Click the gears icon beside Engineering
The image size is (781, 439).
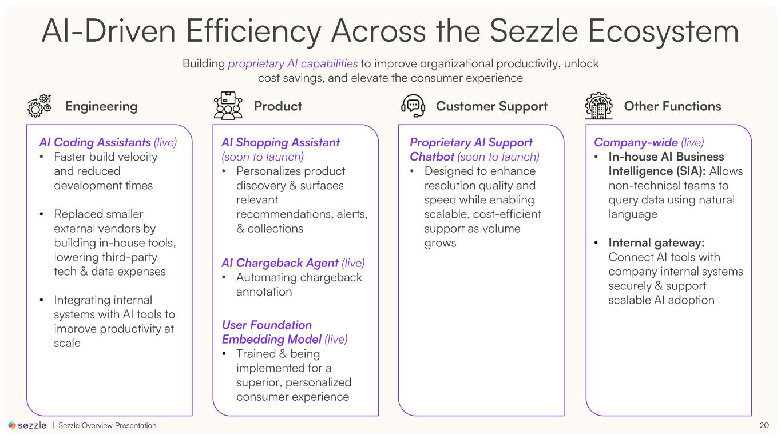click(39, 106)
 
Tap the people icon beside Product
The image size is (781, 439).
click(228, 106)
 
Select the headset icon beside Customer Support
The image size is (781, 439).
click(413, 106)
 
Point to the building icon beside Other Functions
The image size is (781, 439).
click(598, 106)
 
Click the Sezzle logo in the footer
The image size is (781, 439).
click(27, 425)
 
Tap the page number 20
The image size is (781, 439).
click(764, 425)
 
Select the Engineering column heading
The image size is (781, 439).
click(101, 106)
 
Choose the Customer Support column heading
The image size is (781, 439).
click(491, 106)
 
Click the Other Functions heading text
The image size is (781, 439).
click(672, 106)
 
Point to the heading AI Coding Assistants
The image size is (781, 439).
click(95, 142)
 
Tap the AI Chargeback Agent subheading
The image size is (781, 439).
click(280, 263)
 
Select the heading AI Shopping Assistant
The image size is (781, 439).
click(280, 142)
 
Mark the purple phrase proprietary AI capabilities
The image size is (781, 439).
click(292, 63)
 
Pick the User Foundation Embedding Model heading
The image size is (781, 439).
click(267, 332)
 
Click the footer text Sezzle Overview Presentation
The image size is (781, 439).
click(108, 425)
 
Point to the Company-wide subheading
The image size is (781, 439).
click(636, 142)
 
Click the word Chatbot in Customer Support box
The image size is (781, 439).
click(432, 157)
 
